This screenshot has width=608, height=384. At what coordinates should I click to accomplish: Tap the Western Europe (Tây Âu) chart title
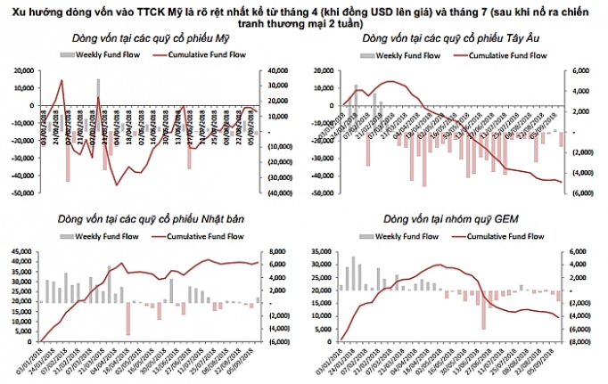coord(448,40)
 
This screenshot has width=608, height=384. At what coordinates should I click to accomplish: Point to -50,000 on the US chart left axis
coord(21,192)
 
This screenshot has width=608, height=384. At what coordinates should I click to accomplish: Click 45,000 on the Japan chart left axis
coord(21,252)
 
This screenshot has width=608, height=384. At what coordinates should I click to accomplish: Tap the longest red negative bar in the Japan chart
coord(128,318)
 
